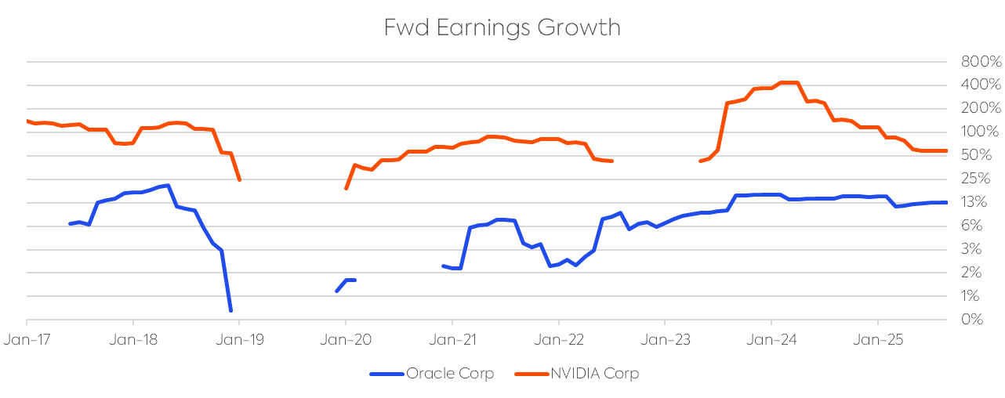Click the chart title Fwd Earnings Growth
[x=502, y=27]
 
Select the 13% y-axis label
[x=976, y=202]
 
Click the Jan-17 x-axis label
[x=27, y=341]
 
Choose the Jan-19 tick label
[x=239, y=341]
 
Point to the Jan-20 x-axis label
[x=346, y=341]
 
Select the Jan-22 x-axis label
[x=558, y=341]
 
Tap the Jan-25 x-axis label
[x=877, y=341]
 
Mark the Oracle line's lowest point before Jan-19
[x=230, y=311]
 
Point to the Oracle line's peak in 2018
[x=169, y=186]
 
